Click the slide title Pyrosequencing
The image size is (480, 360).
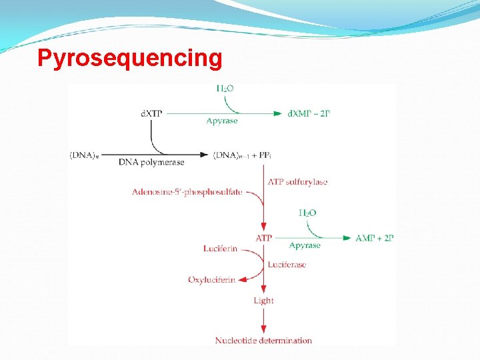129,58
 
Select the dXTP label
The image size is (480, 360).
151,113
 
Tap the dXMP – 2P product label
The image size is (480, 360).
309,113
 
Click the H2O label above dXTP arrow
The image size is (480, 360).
225,89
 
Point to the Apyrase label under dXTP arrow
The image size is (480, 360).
222,121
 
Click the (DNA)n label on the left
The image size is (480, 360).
84,155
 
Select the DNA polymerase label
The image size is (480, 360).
151,162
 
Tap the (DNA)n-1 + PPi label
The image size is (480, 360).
243,155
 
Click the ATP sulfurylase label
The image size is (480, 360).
297,181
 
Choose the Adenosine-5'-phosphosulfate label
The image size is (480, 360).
187,192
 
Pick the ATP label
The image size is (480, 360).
264,238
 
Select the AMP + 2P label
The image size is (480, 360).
375,238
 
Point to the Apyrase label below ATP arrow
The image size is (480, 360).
305,245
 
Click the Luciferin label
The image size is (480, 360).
220,249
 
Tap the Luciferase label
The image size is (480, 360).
287,265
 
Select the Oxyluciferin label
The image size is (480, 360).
211,280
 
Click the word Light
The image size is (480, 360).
263,301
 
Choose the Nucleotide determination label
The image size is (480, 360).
263,341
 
